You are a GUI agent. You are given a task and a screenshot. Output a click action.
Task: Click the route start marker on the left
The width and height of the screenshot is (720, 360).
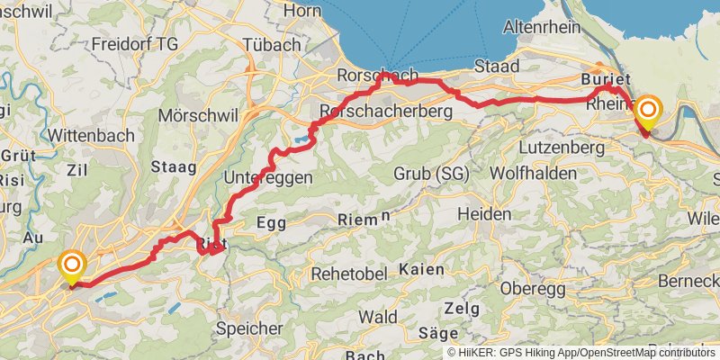pyautogui.click(x=71, y=266)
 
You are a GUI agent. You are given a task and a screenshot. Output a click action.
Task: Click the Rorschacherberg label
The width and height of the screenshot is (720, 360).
pyautogui.click(x=384, y=110)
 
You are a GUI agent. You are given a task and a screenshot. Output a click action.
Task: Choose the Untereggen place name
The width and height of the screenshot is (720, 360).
pyautogui.click(x=269, y=177)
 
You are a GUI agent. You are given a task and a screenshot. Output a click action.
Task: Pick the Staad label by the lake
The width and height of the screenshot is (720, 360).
pyautogui.click(x=498, y=67)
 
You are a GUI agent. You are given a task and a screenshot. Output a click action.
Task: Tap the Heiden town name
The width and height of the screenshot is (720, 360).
pyautogui.click(x=484, y=214)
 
